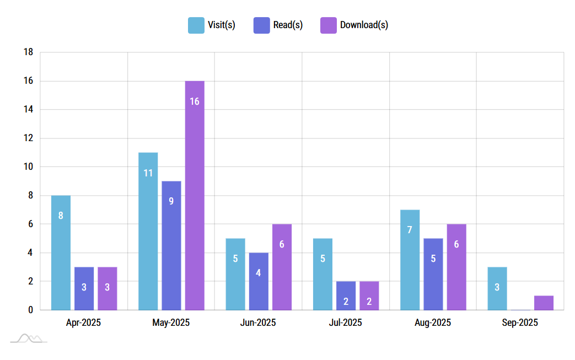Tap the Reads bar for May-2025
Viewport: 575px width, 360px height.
[171, 245]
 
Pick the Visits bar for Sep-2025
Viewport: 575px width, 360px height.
[497, 288]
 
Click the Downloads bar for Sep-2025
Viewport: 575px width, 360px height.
[544, 303]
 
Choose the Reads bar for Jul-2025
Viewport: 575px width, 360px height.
[346, 295]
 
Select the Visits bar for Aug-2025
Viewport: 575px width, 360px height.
[410, 260]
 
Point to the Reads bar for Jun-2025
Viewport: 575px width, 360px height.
[259, 281]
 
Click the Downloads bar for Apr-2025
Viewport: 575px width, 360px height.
[108, 288]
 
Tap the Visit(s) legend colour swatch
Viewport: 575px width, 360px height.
[196, 25]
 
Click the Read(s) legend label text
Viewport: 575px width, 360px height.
[288, 25]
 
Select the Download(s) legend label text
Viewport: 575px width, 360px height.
[364, 25]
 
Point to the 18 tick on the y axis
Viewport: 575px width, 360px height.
[28, 52]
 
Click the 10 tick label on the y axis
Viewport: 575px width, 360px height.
[28, 167]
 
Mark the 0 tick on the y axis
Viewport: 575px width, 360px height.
[30, 310]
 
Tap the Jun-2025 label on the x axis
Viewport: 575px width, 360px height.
[258, 323]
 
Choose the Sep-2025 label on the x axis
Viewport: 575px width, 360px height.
[520, 323]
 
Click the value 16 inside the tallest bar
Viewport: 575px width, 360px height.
[195, 101]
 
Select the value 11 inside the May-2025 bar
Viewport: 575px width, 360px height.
[148, 173]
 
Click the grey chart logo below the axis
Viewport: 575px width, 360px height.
[29, 338]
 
